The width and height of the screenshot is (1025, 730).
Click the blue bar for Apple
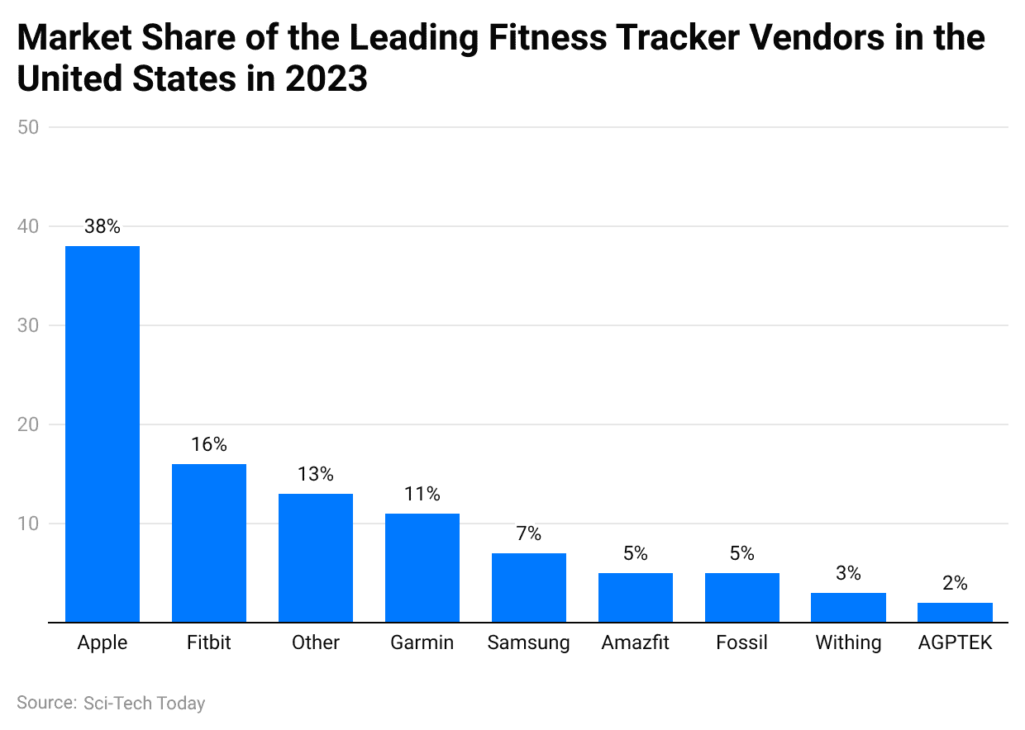coord(102,434)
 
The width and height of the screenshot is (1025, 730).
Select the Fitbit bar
coord(209,543)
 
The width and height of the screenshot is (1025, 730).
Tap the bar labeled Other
coord(316,557)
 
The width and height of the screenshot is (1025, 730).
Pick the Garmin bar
coord(422,567)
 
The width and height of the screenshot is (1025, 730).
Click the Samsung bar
coord(529,587)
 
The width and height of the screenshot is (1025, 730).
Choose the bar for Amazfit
coord(636,597)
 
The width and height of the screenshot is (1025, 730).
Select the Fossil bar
coord(742,597)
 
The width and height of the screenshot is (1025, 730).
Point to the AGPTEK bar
coord(955,612)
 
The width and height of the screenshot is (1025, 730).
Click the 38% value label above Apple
coord(102,226)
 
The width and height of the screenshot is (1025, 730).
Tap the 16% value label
coord(209,444)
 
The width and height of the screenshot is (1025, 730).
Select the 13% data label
coord(316,474)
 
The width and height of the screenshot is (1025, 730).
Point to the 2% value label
coord(955,583)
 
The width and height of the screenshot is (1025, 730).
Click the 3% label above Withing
coord(848,573)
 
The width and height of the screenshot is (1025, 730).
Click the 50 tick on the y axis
coord(31,127)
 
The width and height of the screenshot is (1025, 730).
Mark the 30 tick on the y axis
coord(31,325)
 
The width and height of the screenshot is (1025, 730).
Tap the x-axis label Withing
coord(848,642)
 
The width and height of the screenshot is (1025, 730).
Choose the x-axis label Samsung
coord(529,642)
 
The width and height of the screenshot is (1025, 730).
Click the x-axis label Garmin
coord(422,642)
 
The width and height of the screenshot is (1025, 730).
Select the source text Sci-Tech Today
coord(144,703)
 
